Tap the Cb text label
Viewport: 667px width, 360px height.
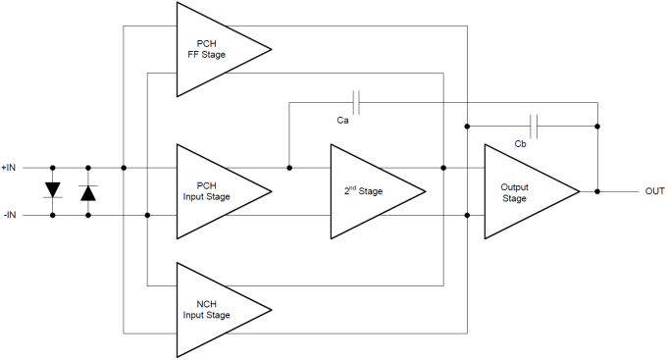[521, 144]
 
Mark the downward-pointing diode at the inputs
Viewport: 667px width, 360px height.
[53, 190]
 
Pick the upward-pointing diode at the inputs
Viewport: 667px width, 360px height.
[88, 191]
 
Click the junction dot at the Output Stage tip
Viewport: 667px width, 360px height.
[597, 191]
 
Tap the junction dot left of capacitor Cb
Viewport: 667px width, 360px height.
[467, 126]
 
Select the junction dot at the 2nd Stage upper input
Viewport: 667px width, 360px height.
[288, 168]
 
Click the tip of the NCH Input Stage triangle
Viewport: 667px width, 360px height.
[271, 310]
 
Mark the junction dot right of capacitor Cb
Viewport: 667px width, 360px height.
[597, 126]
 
